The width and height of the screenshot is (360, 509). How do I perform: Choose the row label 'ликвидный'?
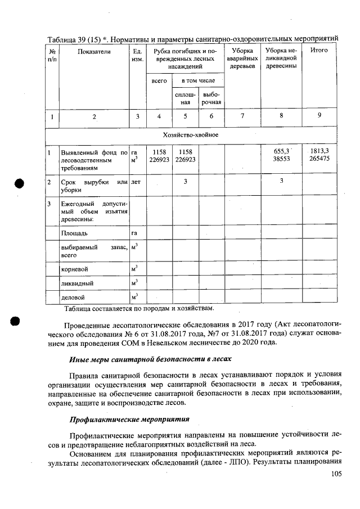click(x=76, y=283)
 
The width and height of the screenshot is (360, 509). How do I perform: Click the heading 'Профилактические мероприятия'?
click(x=129, y=420)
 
